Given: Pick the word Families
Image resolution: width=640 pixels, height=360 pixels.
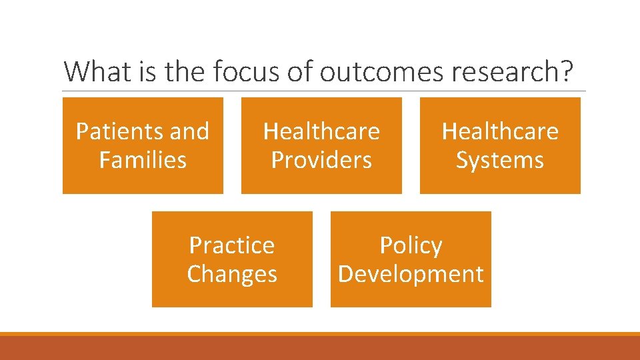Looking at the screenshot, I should tap(143, 160).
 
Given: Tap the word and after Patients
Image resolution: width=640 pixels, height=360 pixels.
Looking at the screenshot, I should tap(189, 131).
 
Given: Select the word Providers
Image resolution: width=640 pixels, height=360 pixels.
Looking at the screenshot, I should tap(321, 160).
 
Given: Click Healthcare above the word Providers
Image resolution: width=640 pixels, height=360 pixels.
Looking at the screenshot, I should tap(321, 131).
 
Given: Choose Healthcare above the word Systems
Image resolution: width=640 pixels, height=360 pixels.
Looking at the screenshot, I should tap(500, 131).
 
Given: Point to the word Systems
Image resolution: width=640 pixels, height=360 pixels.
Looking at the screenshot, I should tap(500, 160).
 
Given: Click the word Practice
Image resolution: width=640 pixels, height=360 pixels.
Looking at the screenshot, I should tap(232, 245).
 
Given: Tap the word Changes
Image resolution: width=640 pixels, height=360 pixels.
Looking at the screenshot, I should tap(232, 274).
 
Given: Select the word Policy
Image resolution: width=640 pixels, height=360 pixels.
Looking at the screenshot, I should tap(411, 245).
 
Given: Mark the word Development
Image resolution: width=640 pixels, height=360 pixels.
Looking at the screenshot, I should tap(411, 274).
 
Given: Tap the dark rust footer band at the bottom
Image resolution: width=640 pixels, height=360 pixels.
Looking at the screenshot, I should tap(320, 348).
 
